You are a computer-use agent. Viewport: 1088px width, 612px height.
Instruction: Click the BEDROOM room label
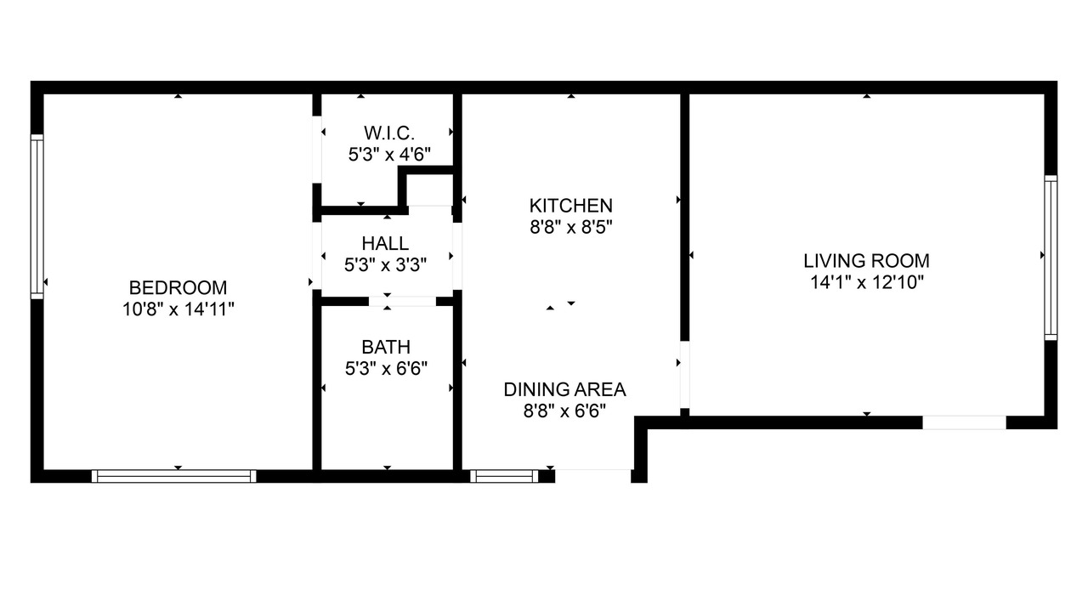(178, 287)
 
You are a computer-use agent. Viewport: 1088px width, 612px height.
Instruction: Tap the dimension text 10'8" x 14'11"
(178, 309)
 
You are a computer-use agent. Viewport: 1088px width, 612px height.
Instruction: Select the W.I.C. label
(389, 133)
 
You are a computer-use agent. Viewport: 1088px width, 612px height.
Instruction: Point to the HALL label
(385, 243)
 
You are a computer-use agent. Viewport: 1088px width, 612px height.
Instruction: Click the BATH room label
(386, 347)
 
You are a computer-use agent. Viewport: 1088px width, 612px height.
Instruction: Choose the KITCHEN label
(570, 206)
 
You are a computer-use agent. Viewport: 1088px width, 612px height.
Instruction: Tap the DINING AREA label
(565, 389)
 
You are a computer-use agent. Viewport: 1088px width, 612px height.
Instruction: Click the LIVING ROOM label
(866, 261)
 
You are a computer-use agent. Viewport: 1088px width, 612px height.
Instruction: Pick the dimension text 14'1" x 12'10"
(866, 282)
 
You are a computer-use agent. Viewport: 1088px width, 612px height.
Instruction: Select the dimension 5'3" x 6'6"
(386, 369)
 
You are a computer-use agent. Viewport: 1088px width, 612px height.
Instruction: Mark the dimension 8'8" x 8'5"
(570, 227)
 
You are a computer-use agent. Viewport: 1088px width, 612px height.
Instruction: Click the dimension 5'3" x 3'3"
(385, 264)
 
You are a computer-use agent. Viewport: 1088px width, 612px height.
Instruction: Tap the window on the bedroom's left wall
(37, 217)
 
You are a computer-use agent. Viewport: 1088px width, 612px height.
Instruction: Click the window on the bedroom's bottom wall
(174, 476)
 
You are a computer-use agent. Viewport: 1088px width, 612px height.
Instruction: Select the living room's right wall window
(1051, 258)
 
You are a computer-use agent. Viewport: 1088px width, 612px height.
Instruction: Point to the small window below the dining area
(504, 476)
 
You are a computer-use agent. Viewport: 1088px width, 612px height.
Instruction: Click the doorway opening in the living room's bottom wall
(964, 422)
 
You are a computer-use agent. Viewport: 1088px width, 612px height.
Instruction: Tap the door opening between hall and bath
(402, 302)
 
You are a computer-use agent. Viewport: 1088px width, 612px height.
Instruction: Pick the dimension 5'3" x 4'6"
(389, 155)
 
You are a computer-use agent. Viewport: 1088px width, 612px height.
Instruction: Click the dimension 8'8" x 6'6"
(565, 411)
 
